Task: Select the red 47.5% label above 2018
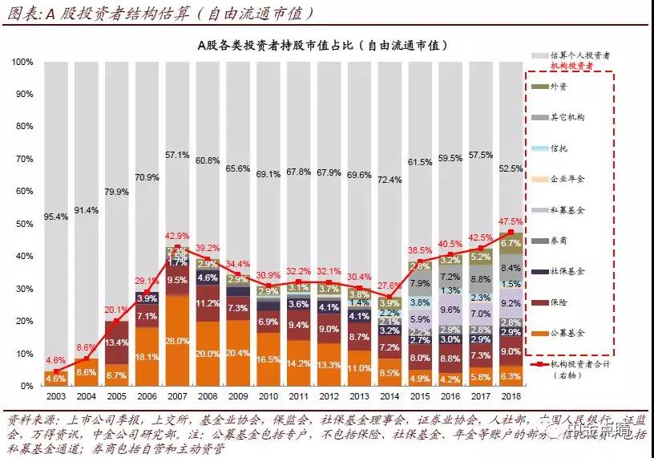[x=511, y=221]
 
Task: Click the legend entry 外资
[x=561, y=87]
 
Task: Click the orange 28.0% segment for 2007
[x=176, y=340]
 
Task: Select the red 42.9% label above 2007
[x=176, y=236]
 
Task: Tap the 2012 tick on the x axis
[x=329, y=397]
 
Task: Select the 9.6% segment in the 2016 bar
[x=450, y=309]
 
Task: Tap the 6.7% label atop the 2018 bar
[x=511, y=242]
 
